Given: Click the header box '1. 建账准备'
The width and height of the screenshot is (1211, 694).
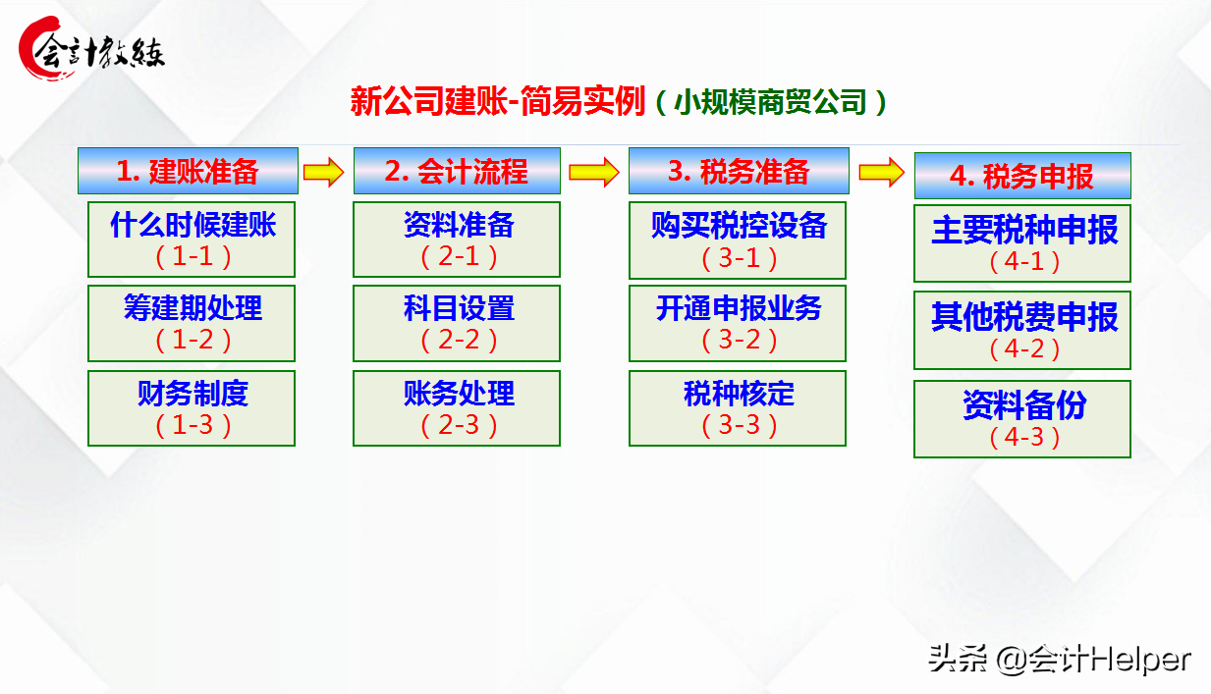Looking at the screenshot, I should [x=188, y=171].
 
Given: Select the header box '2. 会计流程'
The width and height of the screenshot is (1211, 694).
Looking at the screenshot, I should [x=457, y=171].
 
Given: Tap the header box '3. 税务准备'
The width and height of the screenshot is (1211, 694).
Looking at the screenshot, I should [x=739, y=171].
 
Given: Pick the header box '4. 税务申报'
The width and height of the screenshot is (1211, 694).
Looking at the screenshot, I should [x=1021, y=176].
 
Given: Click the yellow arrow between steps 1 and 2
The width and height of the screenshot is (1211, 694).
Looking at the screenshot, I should [x=324, y=172].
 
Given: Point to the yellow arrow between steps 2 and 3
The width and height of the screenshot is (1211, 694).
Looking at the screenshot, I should [x=595, y=172].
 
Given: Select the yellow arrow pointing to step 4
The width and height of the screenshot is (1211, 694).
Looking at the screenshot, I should [x=881, y=172].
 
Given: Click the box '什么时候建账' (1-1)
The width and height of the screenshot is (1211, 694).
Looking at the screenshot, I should [x=192, y=240].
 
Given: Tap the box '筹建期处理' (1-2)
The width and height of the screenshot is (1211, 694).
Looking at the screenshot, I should [x=192, y=323].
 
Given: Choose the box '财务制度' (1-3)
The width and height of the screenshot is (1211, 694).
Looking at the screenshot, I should [x=192, y=407].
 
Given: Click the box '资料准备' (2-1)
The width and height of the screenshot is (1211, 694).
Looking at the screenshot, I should [x=457, y=240].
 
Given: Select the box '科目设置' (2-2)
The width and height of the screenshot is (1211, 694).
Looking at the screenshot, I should [x=457, y=323].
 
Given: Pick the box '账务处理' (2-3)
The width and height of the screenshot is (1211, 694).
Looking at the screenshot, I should [x=457, y=407].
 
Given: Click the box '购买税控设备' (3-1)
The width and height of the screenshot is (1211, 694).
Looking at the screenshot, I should [x=738, y=240].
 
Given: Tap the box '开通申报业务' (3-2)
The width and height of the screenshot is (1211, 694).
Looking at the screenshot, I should [x=738, y=323].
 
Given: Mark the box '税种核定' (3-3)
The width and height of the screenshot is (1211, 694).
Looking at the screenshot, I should [x=738, y=407].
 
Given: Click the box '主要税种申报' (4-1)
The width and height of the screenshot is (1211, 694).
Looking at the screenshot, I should [x=1022, y=243].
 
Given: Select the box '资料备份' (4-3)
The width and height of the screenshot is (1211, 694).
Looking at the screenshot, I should [x=1022, y=419].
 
